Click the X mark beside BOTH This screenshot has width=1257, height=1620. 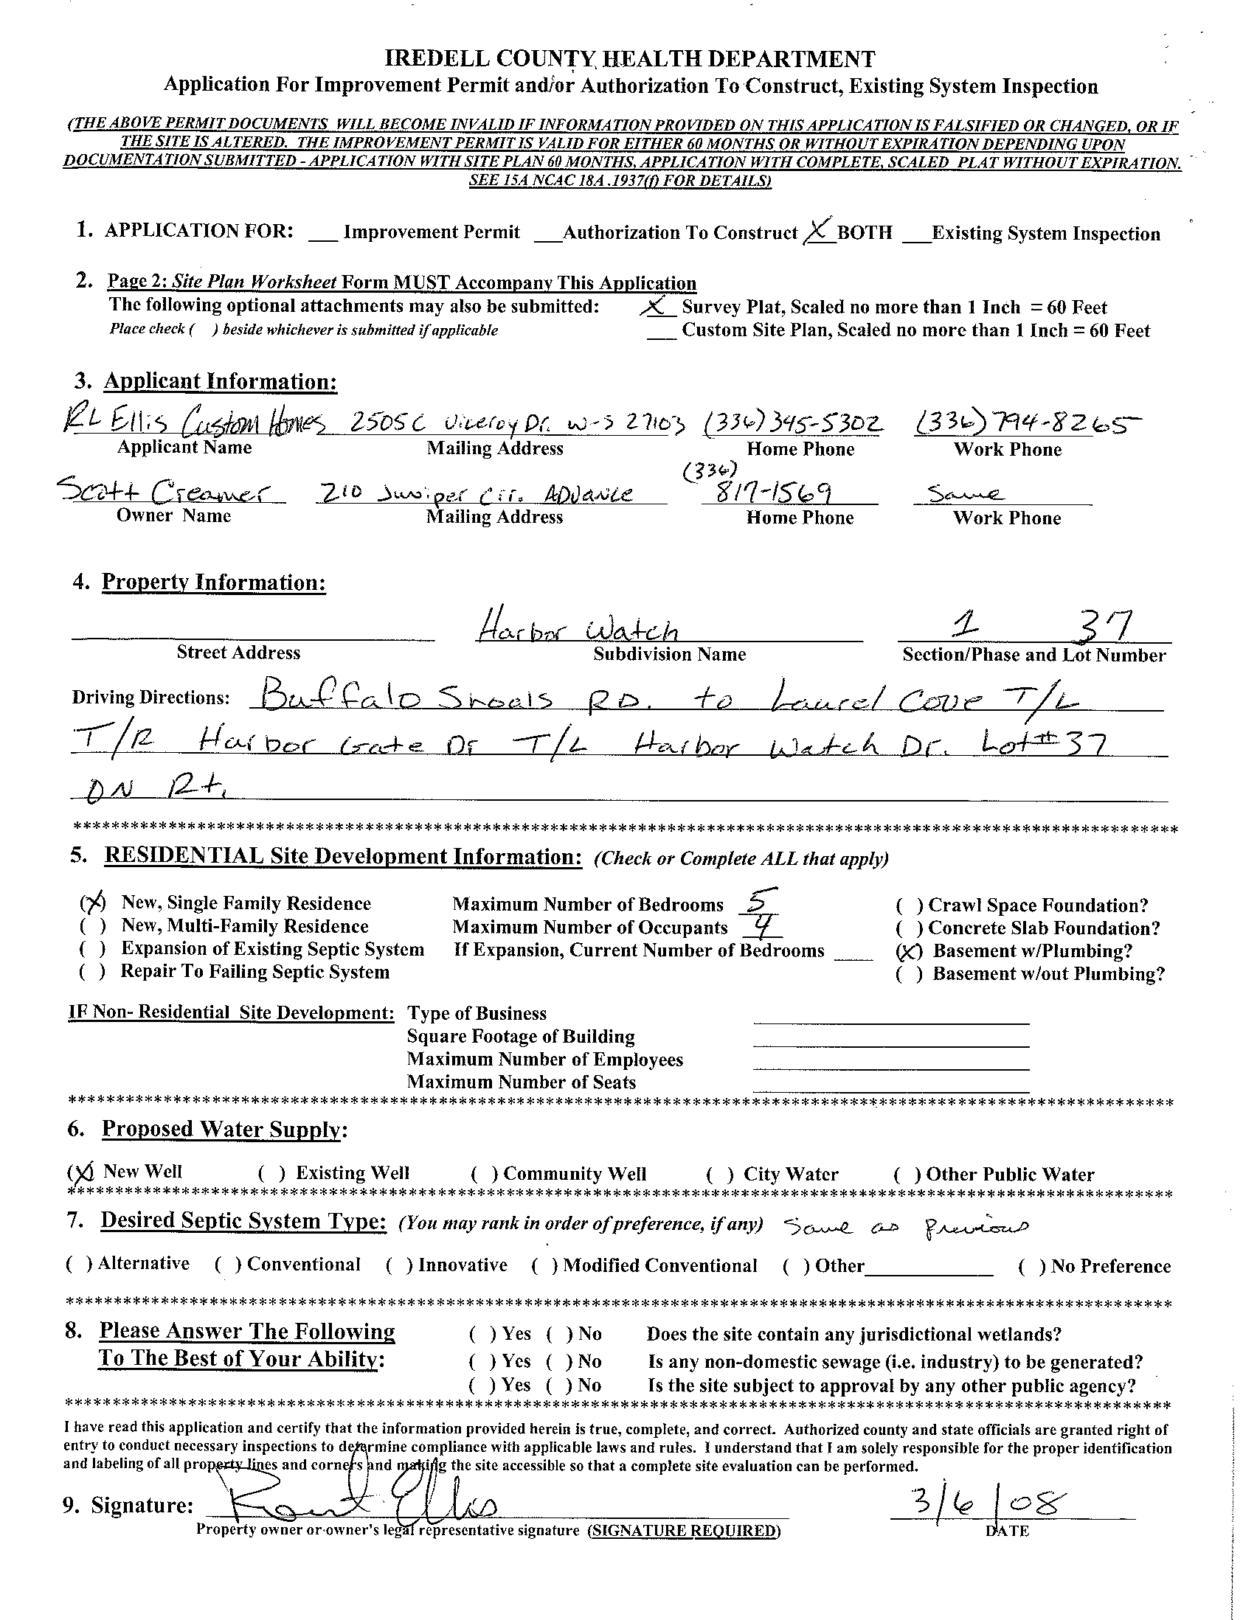click(x=817, y=232)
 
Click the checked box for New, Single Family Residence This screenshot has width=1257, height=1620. click(x=93, y=903)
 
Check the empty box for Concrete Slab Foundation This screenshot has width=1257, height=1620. click(x=909, y=928)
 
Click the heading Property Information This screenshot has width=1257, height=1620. click(x=214, y=583)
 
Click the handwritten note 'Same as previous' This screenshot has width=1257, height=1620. click(x=905, y=1226)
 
